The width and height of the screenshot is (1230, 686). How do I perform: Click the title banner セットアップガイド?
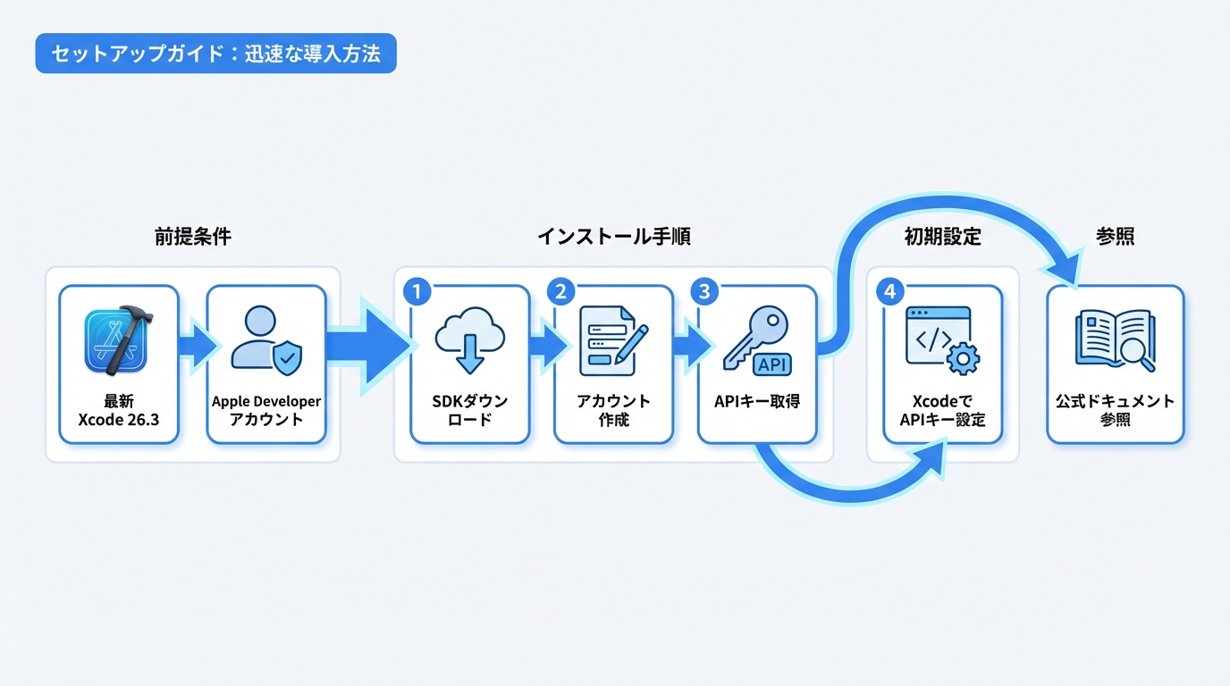(x=215, y=54)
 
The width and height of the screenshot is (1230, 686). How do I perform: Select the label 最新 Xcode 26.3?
(x=119, y=410)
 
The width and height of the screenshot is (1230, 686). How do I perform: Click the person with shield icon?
(x=265, y=339)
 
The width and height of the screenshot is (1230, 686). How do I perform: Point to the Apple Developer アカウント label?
(x=266, y=410)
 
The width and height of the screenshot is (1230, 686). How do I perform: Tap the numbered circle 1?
(x=417, y=291)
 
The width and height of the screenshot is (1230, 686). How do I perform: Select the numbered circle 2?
(x=560, y=291)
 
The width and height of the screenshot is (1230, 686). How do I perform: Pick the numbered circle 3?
(x=704, y=291)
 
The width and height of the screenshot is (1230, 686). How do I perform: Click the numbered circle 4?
(x=890, y=291)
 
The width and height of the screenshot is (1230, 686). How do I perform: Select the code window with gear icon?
(x=942, y=340)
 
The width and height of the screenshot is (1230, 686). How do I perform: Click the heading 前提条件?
(x=192, y=237)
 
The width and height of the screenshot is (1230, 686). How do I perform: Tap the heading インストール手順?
(x=613, y=237)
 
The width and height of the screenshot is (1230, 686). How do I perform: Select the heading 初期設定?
(x=942, y=237)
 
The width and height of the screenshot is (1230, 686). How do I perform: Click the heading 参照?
(x=1115, y=237)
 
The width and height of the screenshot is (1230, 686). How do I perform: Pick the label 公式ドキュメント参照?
(x=1115, y=410)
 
